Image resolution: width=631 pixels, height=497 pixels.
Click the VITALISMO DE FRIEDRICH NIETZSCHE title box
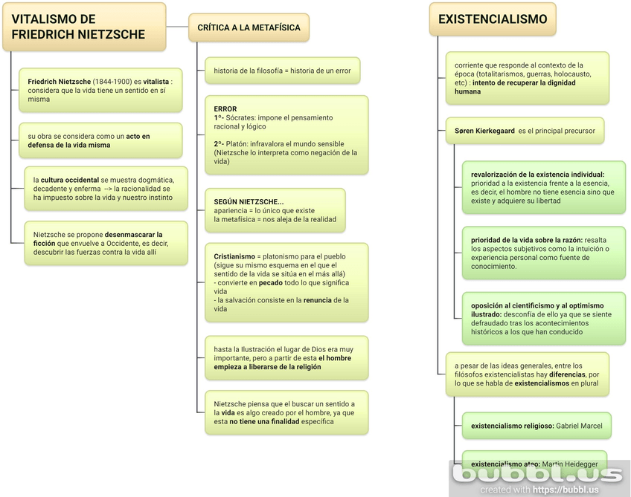point(84,27)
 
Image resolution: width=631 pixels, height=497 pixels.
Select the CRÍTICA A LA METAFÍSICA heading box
point(249,28)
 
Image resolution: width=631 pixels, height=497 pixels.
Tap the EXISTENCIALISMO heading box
point(492,20)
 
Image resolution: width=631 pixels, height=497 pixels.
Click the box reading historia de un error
point(281,71)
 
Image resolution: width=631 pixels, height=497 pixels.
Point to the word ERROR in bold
point(225,109)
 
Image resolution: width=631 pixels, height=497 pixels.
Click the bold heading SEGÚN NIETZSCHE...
point(249,202)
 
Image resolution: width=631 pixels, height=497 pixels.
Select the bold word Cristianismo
point(234,256)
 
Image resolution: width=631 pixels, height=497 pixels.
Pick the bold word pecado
point(271,283)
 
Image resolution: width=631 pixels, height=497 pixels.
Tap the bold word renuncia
point(318,301)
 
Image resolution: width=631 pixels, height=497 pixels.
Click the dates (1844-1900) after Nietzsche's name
point(112,82)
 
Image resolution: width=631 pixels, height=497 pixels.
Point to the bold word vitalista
point(156,82)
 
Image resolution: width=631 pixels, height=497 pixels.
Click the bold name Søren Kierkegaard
point(484,131)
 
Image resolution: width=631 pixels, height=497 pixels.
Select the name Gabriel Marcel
point(580,426)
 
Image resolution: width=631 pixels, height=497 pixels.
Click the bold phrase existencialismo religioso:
point(513,426)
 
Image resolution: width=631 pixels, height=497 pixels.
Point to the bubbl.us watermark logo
point(539,474)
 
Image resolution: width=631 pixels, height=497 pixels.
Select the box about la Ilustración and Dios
point(286,358)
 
